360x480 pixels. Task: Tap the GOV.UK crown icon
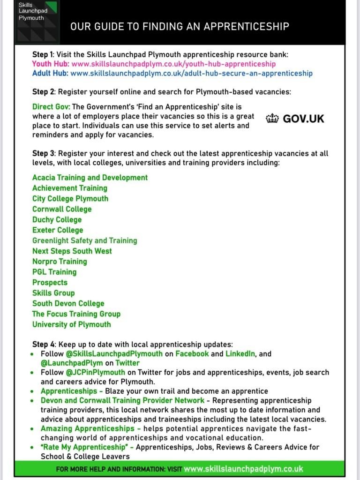pyautogui.click(x=272, y=119)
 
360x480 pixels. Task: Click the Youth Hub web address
pyautogui.click(x=173, y=64)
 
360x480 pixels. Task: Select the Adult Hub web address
pyautogui.click(x=191, y=73)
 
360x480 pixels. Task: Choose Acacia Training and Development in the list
pyautogui.click(x=90, y=178)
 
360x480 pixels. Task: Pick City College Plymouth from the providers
pyautogui.click(x=70, y=198)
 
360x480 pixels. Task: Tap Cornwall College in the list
pyautogui.click(x=62, y=209)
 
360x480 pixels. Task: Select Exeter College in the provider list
pyautogui.click(x=58, y=230)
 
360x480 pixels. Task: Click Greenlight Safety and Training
pyautogui.click(x=85, y=240)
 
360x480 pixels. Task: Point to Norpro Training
pyautogui.click(x=60, y=262)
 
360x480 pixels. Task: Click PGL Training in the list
pyautogui.click(x=54, y=272)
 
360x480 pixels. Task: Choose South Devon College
pyautogui.click(x=68, y=303)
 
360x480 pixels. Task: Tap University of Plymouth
pyautogui.click(x=72, y=324)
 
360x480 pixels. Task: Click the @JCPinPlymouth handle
pyautogui.click(x=95, y=373)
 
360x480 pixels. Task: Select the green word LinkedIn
pyautogui.click(x=240, y=354)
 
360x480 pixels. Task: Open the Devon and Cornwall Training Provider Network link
pyautogui.click(x=122, y=400)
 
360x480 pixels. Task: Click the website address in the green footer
pyautogui.click(x=243, y=469)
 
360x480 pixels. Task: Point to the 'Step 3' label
pyautogui.click(x=43, y=153)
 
